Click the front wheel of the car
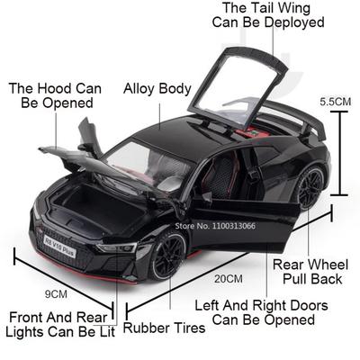click(x=167, y=256)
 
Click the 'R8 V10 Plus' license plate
click(x=59, y=247)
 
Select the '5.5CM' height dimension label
click(x=335, y=102)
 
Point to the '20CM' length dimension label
click(x=229, y=279)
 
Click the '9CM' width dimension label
click(x=56, y=294)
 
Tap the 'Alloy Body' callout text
click(x=157, y=89)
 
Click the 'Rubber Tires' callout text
click(x=165, y=328)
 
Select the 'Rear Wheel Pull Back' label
click(x=310, y=272)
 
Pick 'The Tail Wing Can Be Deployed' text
click(x=268, y=15)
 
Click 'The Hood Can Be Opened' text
click(x=55, y=95)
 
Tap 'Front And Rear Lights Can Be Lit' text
click(x=60, y=325)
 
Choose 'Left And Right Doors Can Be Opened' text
click(x=261, y=312)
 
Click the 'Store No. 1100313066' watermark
click(x=215, y=226)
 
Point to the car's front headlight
click(x=117, y=247)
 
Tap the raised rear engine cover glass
click(x=237, y=87)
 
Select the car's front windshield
click(x=147, y=165)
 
